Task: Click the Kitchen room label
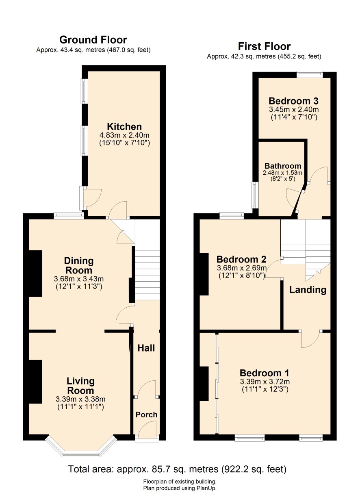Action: pos(124,127)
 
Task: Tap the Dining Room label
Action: pos(79,265)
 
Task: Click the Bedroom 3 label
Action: pos(293,101)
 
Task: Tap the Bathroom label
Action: pos(283,166)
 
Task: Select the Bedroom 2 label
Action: pos(241,259)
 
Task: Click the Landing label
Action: pos(308,290)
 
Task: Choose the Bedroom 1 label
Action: pos(264,373)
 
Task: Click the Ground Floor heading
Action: pos(93,40)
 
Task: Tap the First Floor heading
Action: pos(264,46)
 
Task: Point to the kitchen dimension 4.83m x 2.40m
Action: pos(125,135)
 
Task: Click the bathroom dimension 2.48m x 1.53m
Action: pos(282,173)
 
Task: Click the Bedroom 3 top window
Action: pos(309,75)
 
